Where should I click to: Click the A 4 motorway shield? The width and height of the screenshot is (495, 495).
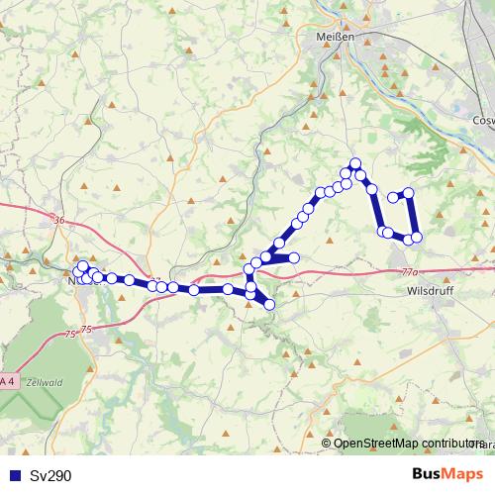8,381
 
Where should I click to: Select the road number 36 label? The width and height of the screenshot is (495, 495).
58,221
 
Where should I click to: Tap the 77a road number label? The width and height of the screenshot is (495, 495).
411,269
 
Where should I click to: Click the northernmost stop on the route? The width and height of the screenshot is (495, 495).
355,164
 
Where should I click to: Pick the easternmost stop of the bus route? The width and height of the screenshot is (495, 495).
417,236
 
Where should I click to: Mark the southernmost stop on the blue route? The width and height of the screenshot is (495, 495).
268,305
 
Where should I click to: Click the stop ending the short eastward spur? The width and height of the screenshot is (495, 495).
293,258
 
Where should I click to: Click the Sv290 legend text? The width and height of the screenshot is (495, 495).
49,475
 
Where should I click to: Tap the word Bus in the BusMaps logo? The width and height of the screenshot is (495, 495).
427,475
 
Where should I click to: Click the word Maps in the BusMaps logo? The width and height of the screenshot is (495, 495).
464,475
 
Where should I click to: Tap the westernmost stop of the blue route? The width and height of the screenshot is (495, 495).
77,271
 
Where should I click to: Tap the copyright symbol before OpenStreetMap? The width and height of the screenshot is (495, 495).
327,443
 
